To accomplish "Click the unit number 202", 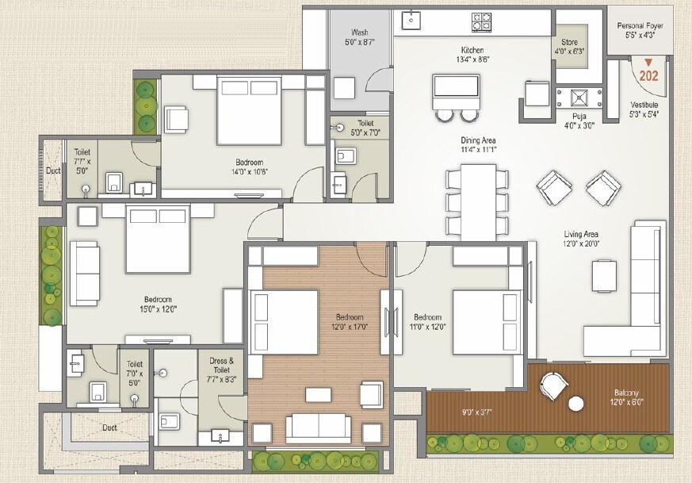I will click(649, 77).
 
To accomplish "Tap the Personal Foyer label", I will click(640, 25).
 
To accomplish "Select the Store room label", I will click(569, 42).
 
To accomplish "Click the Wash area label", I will click(360, 33).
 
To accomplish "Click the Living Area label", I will click(581, 234).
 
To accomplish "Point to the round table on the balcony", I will click(576, 404).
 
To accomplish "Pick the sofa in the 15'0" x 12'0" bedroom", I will click(85, 273).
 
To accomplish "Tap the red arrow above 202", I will click(649, 63).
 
